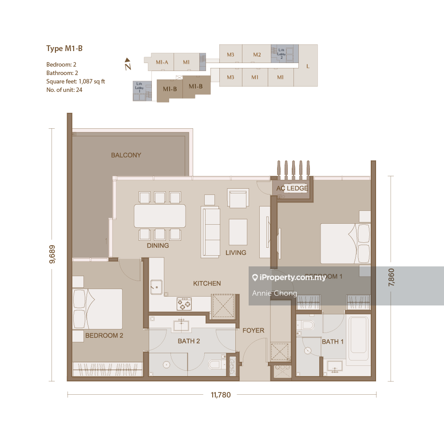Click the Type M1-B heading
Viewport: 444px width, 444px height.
point(64,48)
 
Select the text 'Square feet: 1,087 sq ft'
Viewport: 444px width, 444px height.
point(75,81)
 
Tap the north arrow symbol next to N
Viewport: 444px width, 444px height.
point(127,59)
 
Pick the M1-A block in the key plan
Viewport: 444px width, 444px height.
point(162,62)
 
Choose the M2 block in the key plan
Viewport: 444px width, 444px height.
point(257,55)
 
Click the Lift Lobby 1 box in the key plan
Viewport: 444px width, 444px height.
point(139,91)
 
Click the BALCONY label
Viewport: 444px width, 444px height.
point(126,155)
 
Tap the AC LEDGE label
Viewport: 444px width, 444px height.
point(292,188)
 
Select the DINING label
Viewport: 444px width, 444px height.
point(158,245)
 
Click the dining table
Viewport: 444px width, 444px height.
point(160,216)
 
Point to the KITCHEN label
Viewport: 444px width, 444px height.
point(207,283)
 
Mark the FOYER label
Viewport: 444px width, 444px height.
point(253,330)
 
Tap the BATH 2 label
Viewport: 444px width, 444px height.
point(189,341)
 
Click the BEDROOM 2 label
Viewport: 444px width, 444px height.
point(104,335)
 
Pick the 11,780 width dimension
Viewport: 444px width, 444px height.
point(221,394)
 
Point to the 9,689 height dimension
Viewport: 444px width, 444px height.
point(52,254)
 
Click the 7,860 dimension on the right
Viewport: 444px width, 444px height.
point(391,277)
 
